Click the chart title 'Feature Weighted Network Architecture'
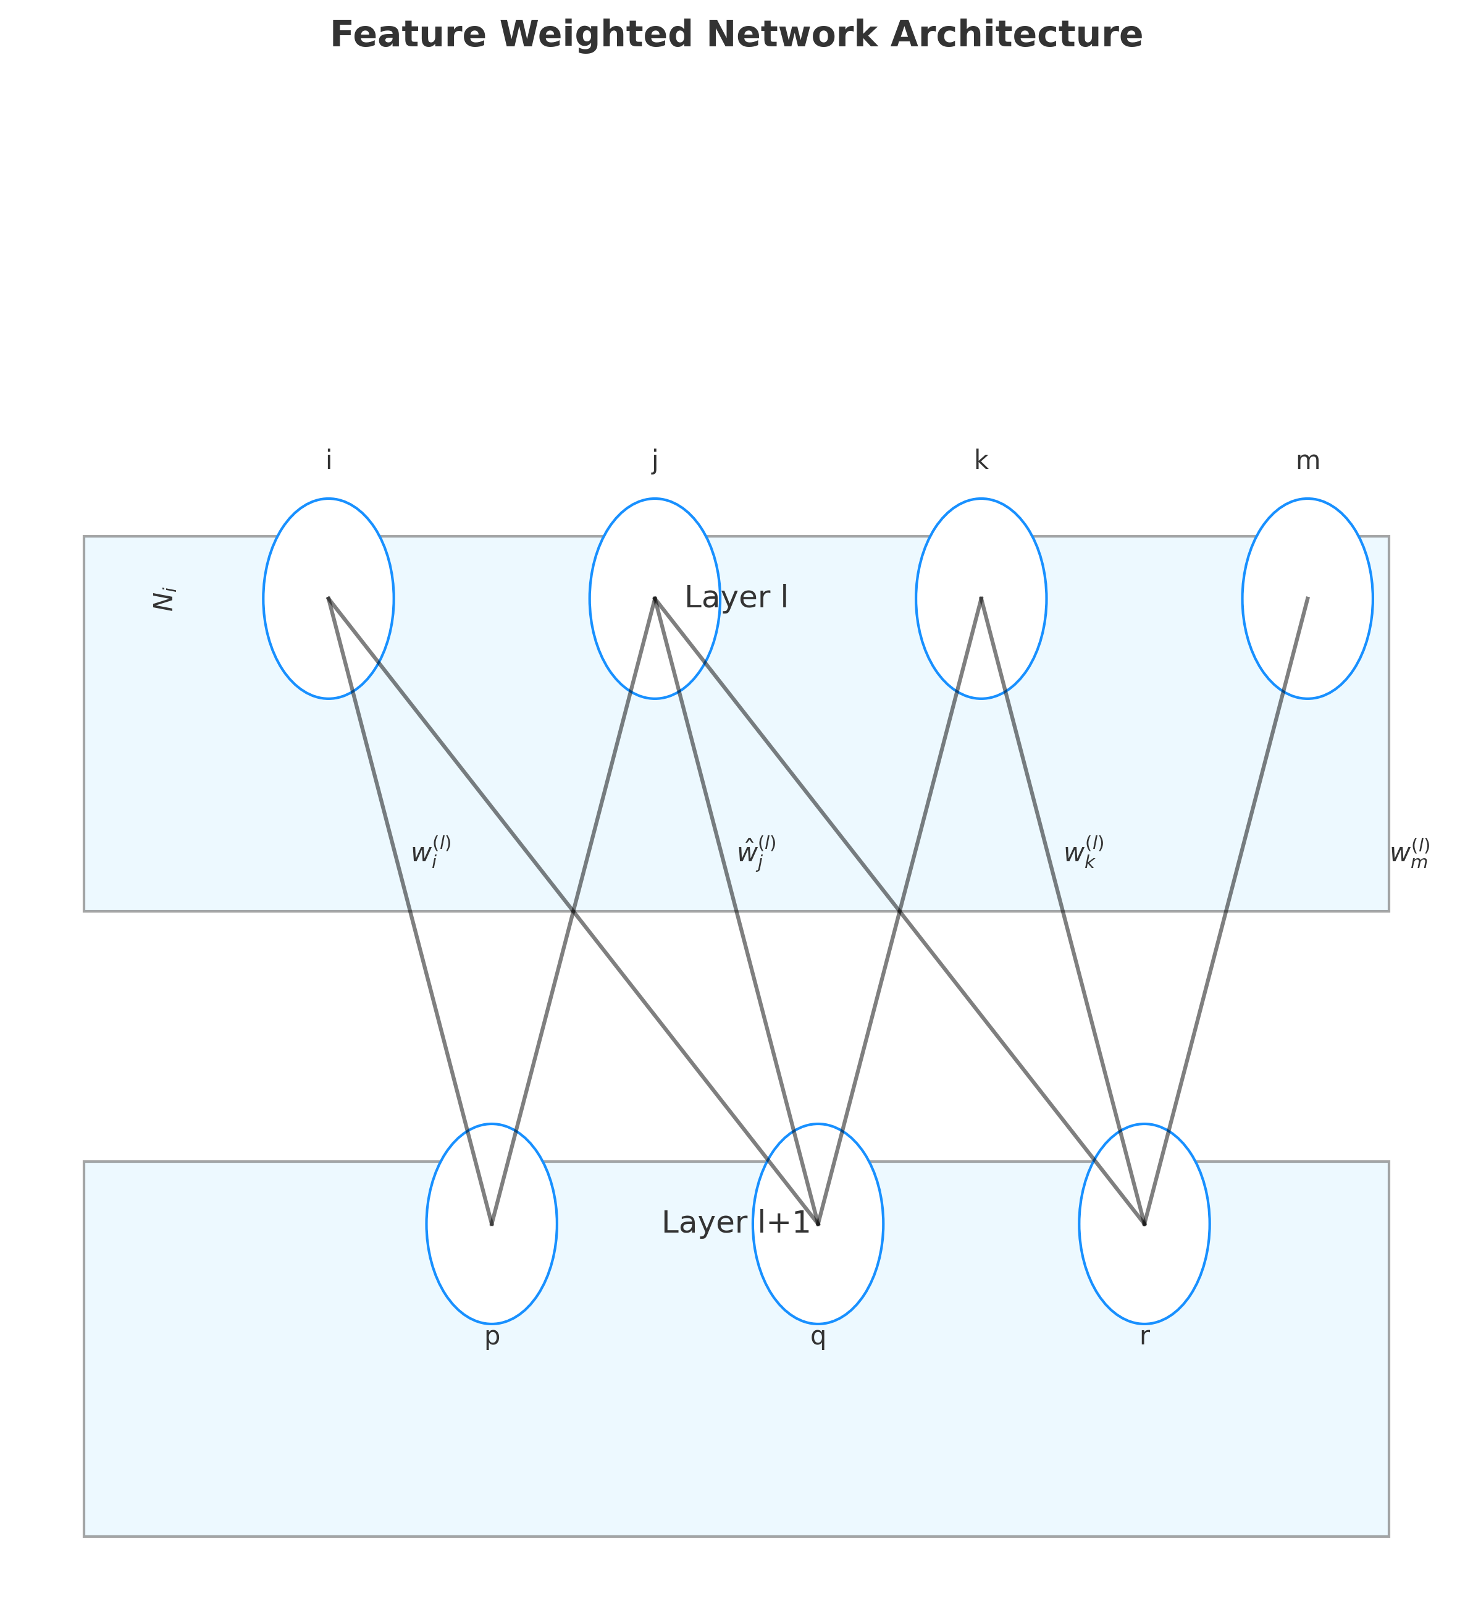(736, 35)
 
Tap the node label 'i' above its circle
(329, 460)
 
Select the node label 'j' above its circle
(655, 461)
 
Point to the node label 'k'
(980, 460)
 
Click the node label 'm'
(1307, 460)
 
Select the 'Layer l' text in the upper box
(736, 597)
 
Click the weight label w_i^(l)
(430, 853)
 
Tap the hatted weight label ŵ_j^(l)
(755, 853)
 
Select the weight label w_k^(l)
(1083, 853)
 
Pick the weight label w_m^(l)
(1409, 853)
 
